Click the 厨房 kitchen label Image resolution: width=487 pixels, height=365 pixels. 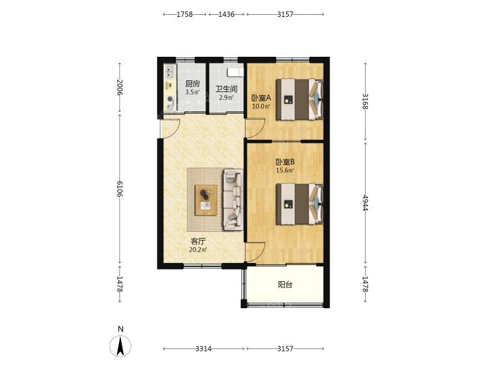(192, 84)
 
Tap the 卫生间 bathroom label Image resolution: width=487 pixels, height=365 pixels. (227, 89)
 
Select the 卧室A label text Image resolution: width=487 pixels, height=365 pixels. (261, 99)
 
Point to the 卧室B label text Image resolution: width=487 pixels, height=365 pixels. (285, 162)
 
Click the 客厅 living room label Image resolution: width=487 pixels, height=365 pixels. (198, 241)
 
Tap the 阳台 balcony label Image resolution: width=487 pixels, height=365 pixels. (285, 285)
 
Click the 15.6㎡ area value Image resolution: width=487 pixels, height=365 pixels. (285, 170)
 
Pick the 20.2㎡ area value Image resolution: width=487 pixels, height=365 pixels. (198, 249)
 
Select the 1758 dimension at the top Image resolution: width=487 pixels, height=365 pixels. (185, 14)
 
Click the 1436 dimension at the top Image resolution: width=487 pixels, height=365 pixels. (226, 14)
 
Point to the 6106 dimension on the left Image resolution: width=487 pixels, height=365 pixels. (120, 189)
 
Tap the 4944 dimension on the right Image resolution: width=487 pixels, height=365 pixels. (365, 203)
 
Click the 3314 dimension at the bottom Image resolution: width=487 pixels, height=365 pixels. (204, 349)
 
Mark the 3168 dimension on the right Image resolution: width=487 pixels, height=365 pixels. (365, 101)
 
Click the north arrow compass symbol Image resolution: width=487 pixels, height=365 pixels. (120, 345)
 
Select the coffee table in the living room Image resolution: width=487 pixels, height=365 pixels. (206, 200)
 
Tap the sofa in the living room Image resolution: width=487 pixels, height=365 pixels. (233, 200)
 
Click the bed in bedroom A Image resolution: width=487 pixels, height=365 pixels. (300, 99)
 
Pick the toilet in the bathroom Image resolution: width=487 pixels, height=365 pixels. (235, 72)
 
